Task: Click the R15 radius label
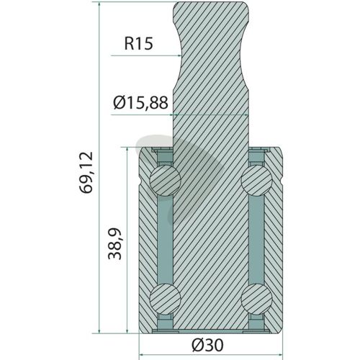(138, 44)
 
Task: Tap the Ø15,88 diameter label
(140, 103)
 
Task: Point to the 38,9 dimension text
(114, 243)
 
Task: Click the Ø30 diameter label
(208, 345)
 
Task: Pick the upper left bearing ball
(165, 179)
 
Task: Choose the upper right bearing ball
(256, 179)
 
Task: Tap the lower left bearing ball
(165, 299)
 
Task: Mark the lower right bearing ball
(256, 299)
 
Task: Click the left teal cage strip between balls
(165, 239)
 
